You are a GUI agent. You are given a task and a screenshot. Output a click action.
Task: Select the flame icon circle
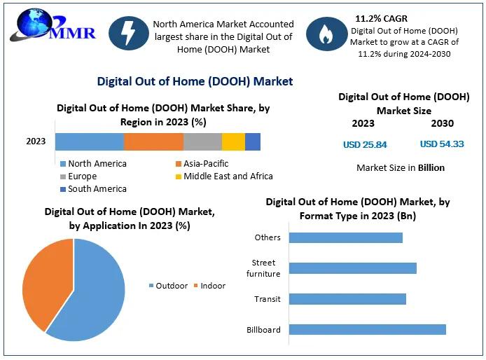tap(326, 35)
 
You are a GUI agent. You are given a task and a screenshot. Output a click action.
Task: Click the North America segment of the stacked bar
tap(90, 141)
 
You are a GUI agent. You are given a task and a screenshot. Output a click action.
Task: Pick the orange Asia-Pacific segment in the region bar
tap(153, 141)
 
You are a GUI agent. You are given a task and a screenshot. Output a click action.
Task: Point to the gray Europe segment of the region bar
tap(202, 141)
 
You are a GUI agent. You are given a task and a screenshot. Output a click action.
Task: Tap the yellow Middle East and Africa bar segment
tap(233, 141)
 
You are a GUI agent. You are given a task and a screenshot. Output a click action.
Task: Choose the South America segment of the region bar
tap(253, 141)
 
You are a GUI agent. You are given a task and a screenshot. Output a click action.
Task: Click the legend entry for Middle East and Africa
tap(223, 176)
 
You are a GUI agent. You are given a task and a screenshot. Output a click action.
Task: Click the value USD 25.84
tap(364, 145)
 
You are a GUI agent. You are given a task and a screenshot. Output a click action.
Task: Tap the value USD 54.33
tap(441, 144)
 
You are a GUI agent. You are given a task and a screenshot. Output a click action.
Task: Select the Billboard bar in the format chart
tap(367, 330)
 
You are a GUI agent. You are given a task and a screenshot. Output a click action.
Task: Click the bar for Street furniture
tap(352, 268)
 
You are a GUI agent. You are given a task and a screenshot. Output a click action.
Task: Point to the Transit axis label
tap(268, 299)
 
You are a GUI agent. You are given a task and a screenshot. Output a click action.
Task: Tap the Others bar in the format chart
tap(345, 237)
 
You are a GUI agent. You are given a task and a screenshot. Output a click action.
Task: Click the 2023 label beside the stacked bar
tap(36, 141)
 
